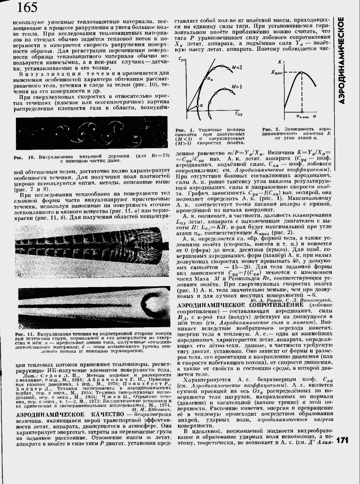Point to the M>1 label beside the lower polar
click(x=237, y=86)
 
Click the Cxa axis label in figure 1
click(x=238, y=114)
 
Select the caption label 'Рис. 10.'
click(x=23, y=158)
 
